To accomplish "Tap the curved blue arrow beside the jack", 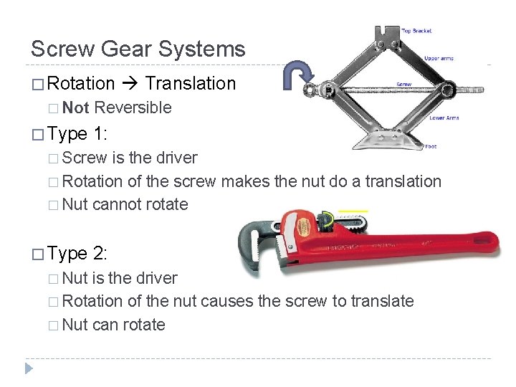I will [x=295, y=75].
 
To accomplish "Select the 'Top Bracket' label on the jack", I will [x=416, y=31].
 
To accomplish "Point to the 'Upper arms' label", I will [x=439, y=58].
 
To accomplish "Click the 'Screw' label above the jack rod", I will [x=404, y=84].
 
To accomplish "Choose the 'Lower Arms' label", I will [x=444, y=118].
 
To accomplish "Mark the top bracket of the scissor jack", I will [x=387, y=35].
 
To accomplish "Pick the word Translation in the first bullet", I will [x=190, y=83].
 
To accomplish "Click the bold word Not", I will [x=76, y=107].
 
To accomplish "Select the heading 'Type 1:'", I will [x=78, y=133].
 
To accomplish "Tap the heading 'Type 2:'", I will [x=78, y=253].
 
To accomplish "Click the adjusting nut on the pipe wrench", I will [x=328, y=223].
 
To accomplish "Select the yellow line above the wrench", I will [x=353, y=211].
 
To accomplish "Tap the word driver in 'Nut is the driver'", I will [x=156, y=277].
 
